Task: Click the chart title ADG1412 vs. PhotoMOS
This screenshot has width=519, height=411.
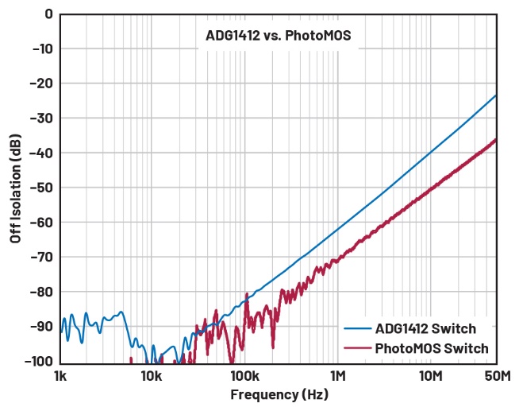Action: [278, 35]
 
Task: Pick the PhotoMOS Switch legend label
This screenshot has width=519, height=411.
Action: [432, 348]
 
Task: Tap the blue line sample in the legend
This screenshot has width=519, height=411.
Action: [356, 328]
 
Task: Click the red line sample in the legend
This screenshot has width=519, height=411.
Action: [356, 348]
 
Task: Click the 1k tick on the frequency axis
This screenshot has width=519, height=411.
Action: [59, 375]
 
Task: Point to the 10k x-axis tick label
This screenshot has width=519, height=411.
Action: [152, 375]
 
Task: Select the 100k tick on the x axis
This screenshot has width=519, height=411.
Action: [244, 375]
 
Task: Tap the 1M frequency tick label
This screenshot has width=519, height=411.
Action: [337, 375]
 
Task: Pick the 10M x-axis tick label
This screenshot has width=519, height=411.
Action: [430, 375]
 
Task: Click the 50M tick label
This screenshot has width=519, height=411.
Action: [496, 375]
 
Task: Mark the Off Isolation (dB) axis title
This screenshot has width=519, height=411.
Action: [15, 188]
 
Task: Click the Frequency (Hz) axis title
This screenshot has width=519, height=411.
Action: [279, 394]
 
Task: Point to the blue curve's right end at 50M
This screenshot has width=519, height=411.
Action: [496, 95]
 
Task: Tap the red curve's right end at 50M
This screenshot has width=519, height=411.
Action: [496, 140]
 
